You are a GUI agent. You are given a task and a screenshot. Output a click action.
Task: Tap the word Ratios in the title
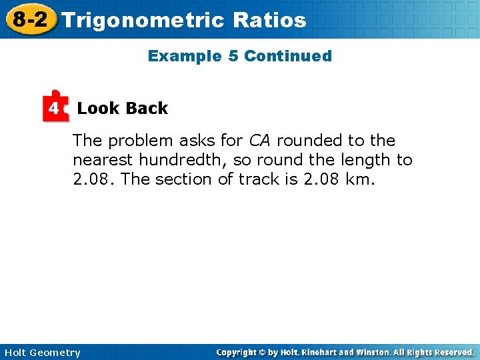click(270, 20)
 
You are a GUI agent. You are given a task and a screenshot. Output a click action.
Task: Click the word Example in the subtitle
click(185, 56)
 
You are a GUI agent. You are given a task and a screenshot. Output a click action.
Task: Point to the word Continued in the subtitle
click(288, 56)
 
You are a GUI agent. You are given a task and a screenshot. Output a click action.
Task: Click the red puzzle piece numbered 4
click(55, 107)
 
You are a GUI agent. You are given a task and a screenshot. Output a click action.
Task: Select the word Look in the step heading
click(97, 108)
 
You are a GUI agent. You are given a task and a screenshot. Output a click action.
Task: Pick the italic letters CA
click(260, 141)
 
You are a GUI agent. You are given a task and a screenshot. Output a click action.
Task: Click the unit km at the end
click(360, 179)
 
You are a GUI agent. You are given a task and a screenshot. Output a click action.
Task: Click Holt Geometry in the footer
click(41, 353)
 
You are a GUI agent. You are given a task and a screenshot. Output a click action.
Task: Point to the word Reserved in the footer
click(451, 352)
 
